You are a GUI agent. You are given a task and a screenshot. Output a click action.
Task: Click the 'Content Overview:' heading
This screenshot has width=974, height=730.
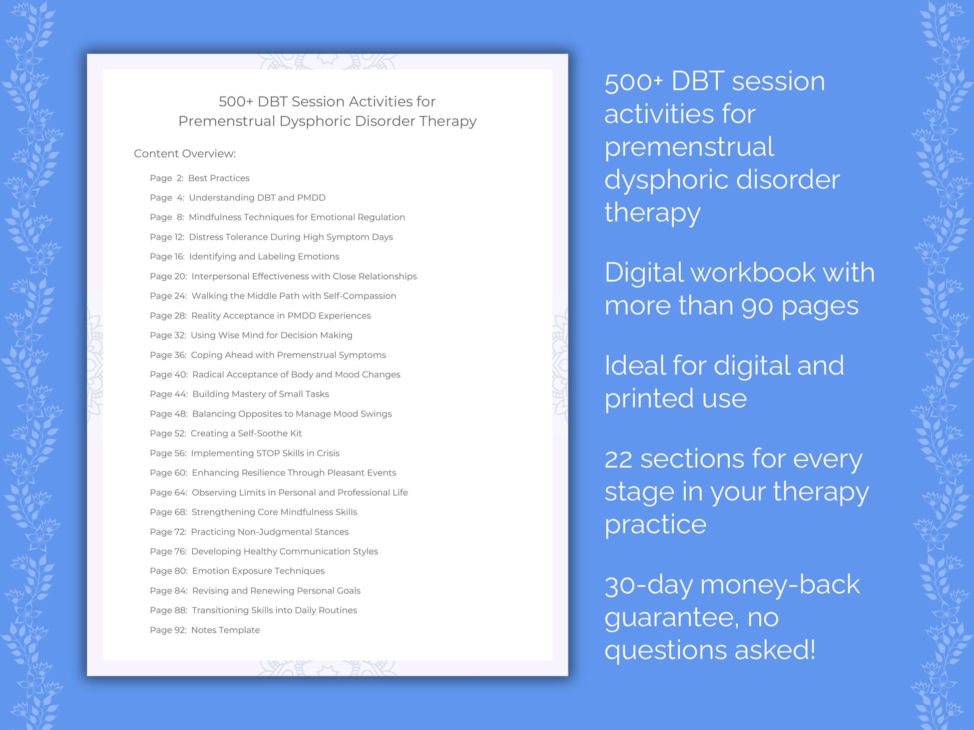pyautogui.click(x=185, y=154)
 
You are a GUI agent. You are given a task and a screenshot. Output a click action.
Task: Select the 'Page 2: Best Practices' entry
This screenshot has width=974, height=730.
pyautogui.click(x=199, y=178)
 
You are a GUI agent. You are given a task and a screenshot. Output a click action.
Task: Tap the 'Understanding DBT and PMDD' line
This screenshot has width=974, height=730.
pyautogui.click(x=257, y=198)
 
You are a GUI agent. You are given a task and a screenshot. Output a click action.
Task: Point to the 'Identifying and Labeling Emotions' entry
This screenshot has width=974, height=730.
pyautogui.click(x=264, y=257)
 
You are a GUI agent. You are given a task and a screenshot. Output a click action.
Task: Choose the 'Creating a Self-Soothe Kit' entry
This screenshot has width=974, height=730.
pyautogui.click(x=246, y=433)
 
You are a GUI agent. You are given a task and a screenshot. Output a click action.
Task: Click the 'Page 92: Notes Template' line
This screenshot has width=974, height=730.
pyautogui.click(x=205, y=630)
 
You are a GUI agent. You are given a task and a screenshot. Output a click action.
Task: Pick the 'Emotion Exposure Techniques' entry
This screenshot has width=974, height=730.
pyautogui.click(x=258, y=571)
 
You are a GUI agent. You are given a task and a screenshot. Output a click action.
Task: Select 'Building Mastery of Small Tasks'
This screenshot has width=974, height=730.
pyautogui.click(x=260, y=394)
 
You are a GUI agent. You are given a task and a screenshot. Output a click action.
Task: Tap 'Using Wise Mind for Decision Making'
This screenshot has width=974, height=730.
pyautogui.click(x=271, y=335)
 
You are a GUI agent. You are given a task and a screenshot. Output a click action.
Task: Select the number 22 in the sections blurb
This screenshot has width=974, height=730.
pyautogui.click(x=619, y=459)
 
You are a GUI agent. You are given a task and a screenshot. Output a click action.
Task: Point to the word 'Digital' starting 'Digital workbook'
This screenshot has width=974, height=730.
pyautogui.click(x=643, y=273)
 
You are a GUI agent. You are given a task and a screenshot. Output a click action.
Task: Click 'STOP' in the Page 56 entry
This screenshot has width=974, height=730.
pyautogui.click(x=267, y=453)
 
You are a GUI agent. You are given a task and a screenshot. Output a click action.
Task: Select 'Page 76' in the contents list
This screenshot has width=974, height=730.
pyautogui.click(x=168, y=551)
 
